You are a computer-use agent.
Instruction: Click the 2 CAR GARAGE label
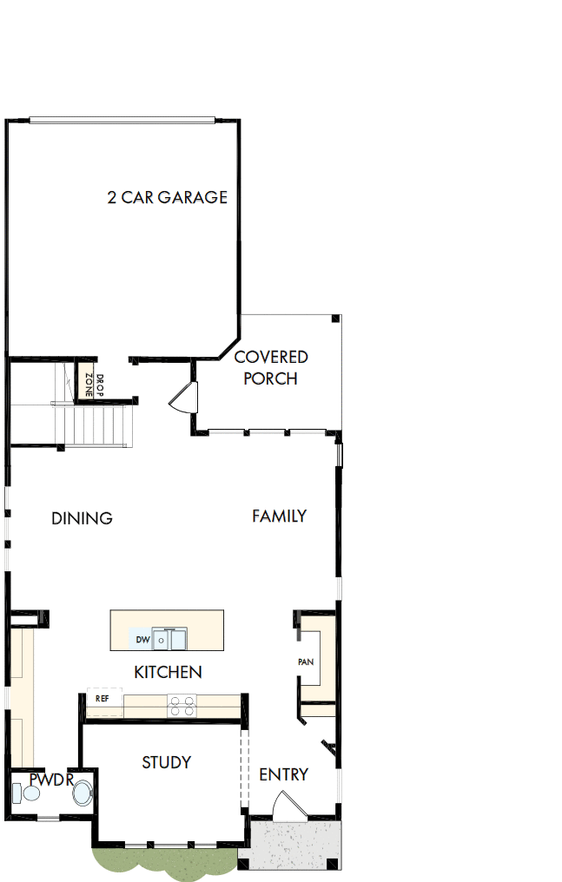click(167, 197)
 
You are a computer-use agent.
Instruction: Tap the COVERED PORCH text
click(271, 368)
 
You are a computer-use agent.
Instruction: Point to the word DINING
click(82, 518)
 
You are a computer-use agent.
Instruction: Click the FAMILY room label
click(279, 516)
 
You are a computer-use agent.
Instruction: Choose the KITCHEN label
click(168, 672)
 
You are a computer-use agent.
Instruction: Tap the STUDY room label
click(166, 762)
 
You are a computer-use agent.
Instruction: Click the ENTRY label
click(283, 774)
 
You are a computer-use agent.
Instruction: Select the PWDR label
click(47, 779)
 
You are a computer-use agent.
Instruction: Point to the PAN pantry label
click(305, 661)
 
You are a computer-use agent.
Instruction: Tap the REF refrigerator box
click(102, 698)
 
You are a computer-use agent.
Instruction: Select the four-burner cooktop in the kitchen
click(181, 705)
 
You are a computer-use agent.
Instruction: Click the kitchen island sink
click(169, 640)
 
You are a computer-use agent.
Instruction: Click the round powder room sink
click(83, 793)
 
